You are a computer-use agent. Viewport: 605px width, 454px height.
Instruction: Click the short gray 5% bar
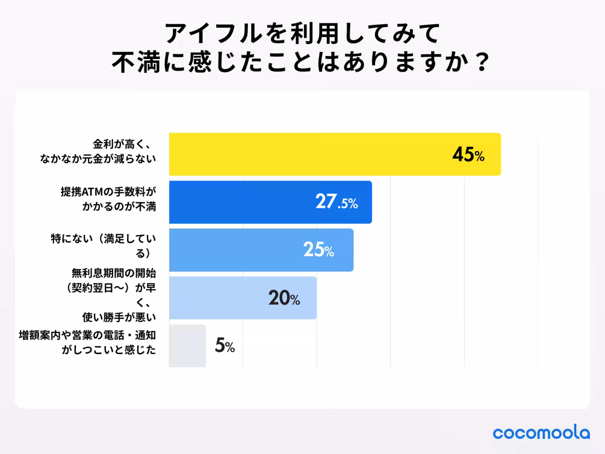(187, 346)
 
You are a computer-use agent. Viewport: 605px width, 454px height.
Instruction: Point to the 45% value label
(468, 155)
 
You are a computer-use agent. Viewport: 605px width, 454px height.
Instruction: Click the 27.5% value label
(336, 203)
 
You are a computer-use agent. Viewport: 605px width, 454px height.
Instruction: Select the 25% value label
(318, 250)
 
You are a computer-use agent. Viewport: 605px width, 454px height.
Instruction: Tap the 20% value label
(284, 299)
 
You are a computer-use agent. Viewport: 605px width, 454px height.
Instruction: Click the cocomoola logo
(541, 432)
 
